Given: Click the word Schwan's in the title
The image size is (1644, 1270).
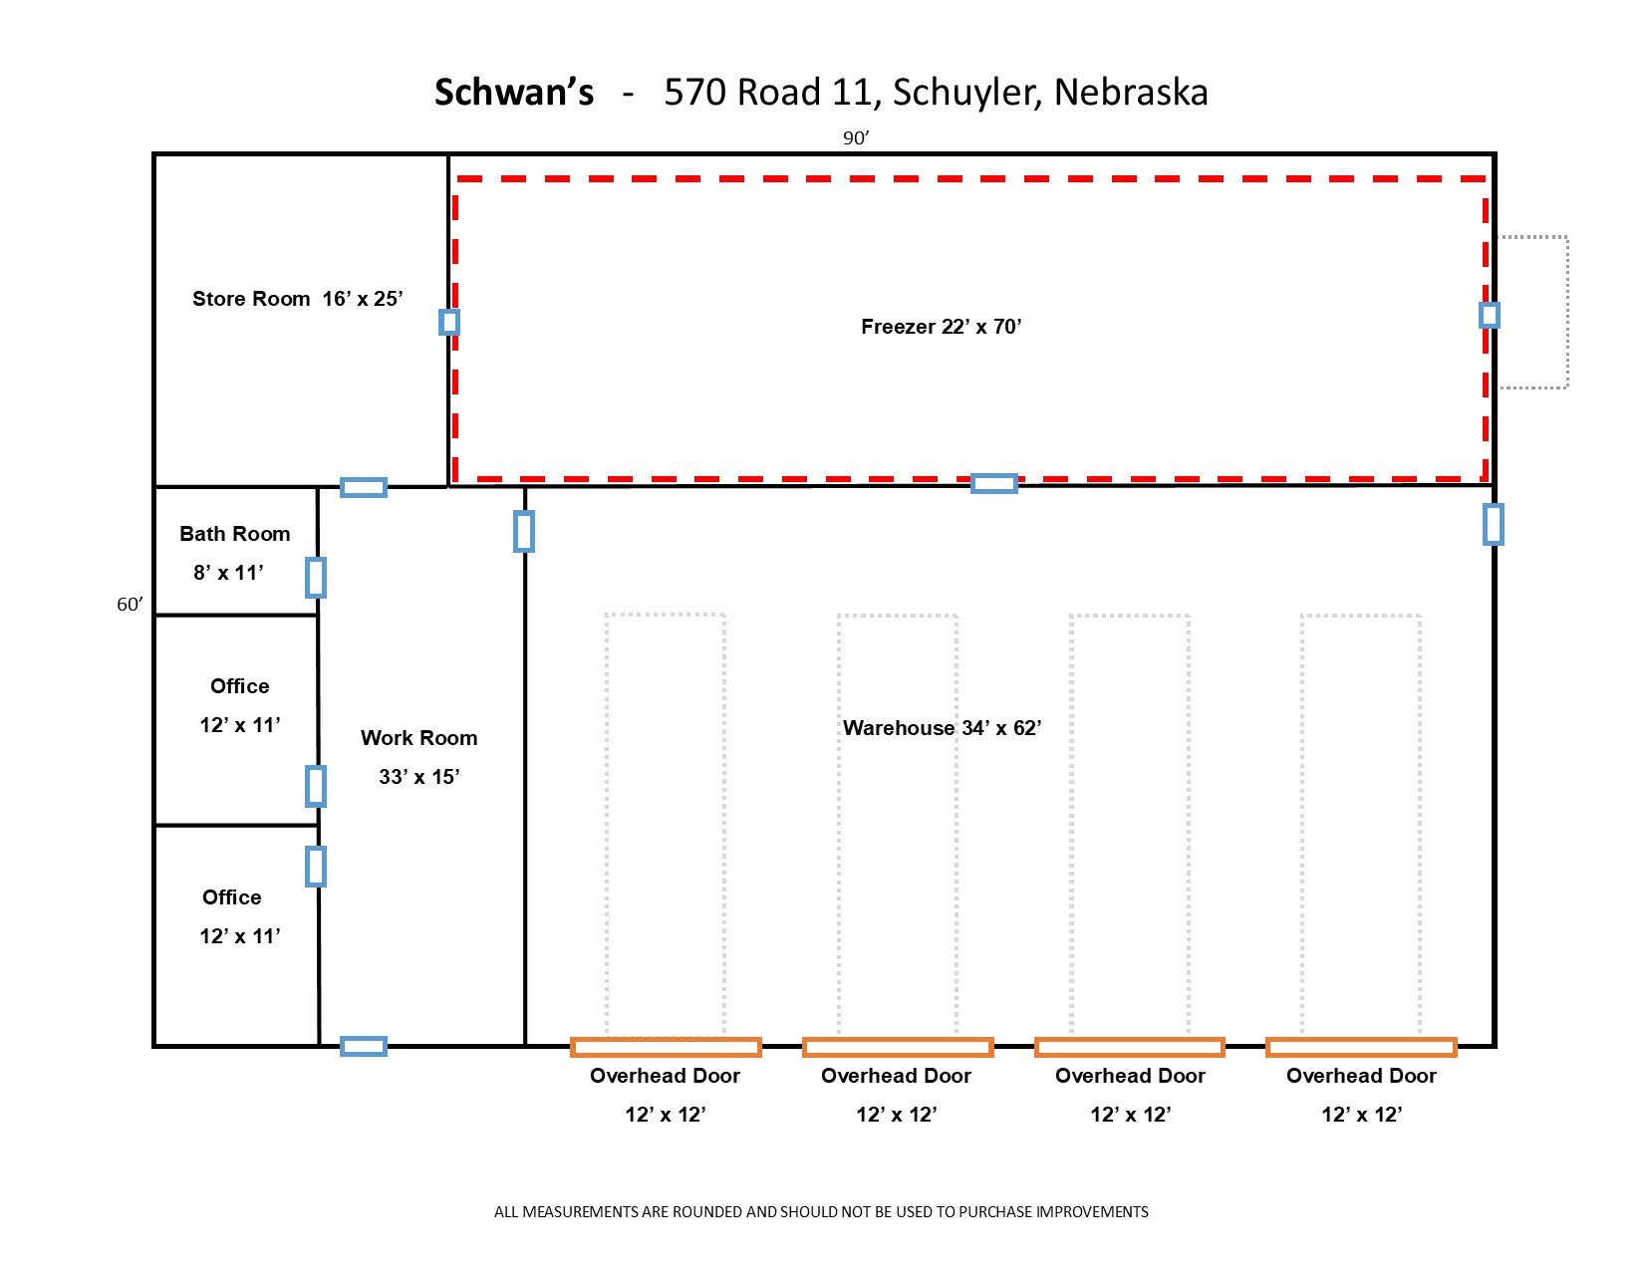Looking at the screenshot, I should click(x=514, y=93).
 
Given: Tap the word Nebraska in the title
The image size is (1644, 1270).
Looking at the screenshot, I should click(x=1131, y=93).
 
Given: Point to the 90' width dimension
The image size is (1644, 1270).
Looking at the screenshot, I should click(x=855, y=138).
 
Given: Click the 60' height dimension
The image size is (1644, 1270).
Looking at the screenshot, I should click(x=130, y=605).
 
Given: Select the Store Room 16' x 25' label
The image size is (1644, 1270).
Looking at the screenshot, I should click(x=297, y=299).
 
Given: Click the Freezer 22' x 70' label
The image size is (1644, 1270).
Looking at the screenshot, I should click(x=942, y=327).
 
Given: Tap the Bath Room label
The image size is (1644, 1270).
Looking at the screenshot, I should click(x=235, y=534).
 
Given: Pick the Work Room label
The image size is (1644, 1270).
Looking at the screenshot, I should click(x=418, y=738).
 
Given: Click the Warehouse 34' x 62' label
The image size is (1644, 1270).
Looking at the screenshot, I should click(x=942, y=728).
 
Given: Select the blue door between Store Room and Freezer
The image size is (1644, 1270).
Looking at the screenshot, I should click(x=449, y=322).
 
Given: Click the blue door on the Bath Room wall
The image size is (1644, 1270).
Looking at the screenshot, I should click(x=316, y=578).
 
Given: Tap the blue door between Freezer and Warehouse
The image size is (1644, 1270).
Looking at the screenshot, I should click(x=994, y=484).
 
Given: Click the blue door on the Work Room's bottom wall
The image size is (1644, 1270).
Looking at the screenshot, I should click(x=364, y=1046).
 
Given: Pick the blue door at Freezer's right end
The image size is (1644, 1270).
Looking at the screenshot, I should click(x=1489, y=316).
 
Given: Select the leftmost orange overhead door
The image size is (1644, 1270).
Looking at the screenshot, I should click(x=666, y=1047).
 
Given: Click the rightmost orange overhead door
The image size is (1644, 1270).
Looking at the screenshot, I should click(x=1361, y=1047).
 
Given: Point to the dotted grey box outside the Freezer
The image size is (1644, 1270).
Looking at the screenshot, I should click(x=1533, y=312).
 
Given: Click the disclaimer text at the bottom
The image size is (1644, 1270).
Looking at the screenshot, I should click(x=821, y=1212).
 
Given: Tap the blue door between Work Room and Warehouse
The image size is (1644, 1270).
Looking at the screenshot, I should click(x=524, y=531).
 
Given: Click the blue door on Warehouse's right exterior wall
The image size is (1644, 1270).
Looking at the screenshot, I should click(x=1493, y=524).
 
